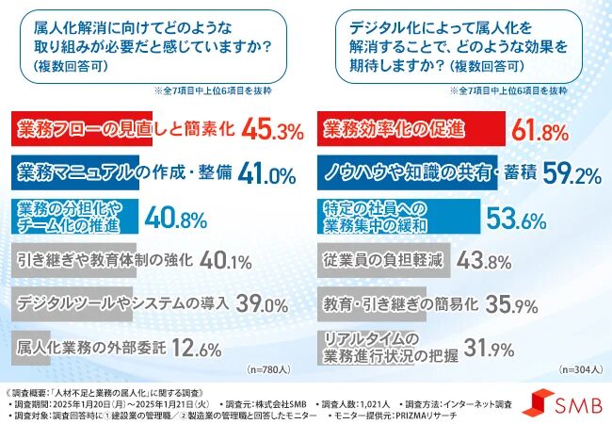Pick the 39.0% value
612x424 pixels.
pos(263,303)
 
